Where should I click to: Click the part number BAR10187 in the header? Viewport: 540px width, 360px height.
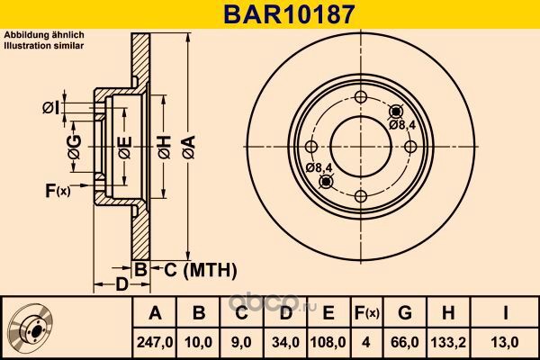click(x=289, y=14)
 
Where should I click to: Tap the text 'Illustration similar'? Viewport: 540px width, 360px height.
click(x=44, y=46)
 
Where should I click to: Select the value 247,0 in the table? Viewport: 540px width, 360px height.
click(x=155, y=342)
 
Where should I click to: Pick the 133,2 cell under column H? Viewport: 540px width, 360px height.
click(x=448, y=342)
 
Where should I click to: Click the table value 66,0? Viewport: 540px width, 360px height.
click(x=405, y=342)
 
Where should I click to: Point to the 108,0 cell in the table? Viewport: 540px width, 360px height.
click(x=328, y=342)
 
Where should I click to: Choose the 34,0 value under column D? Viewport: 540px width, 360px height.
click(x=285, y=342)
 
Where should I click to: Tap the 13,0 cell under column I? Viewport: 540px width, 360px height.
click(x=505, y=342)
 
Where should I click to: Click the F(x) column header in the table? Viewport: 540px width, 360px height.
click(x=366, y=313)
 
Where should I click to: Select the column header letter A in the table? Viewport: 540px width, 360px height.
click(x=155, y=313)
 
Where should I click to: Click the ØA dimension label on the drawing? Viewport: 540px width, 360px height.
click(x=189, y=147)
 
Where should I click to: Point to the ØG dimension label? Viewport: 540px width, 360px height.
click(x=75, y=147)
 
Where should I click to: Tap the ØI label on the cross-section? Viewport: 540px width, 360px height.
click(x=51, y=108)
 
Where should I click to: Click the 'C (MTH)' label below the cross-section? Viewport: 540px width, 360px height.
click(x=200, y=270)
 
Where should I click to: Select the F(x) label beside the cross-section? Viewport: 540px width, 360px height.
click(x=58, y=191)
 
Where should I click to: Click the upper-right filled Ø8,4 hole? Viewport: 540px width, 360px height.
click(x=396, y=112)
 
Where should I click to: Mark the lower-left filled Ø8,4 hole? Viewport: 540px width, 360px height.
click(x=326, y=182)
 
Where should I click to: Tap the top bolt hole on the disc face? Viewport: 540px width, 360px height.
click(x=361, y=97)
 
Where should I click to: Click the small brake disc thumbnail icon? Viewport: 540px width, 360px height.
click(x=31, y=328)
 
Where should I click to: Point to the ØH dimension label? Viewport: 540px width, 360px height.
click(x=165, y=147)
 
